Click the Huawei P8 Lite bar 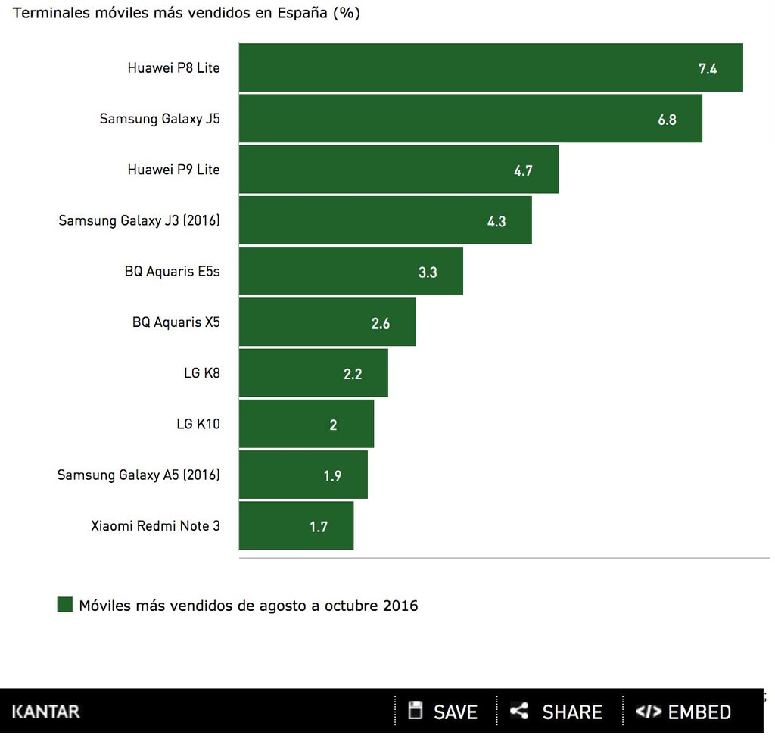(x=490, y=67)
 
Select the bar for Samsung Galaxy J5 (x=470, y=118)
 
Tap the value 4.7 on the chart (x=523, y=170)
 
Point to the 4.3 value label (x=496, y=222)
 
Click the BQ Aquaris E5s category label (x=173, y=271)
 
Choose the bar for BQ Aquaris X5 (x=327, y=322)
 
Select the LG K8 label (x=201, y=372)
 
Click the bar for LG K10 (x=306, y=424)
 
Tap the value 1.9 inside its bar (x=332, y=476)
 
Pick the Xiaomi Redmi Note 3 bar (x=296, y=525)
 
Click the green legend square (x=65, y=605)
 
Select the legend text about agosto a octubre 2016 (x=248, y=606)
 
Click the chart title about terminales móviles (x=186, y=14)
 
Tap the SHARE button (x=557, y=712)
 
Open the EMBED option (x=684, y=712)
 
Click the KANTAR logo (x=45, y=712)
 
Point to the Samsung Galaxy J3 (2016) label (x=139, y=220)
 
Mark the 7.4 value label (x=708, y=69)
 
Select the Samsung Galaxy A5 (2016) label (x=139, y=475)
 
